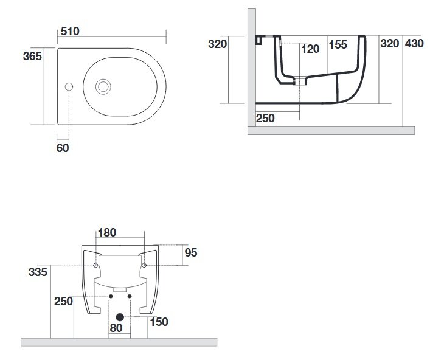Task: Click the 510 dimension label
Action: (71, 32)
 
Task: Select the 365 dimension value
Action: (32, 57)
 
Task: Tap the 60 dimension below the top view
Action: (63, 147)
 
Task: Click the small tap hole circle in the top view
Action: (69, 86)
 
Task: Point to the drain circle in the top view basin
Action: (103, 86)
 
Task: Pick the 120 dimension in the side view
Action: (310, 49)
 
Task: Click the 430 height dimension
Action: (414, 44)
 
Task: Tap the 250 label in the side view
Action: (265, 119)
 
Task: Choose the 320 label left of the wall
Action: (217, 44)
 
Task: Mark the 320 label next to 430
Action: (389, 44)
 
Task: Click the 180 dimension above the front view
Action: (107, 232)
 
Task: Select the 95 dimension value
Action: (191, 252)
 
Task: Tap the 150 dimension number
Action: (159, 322)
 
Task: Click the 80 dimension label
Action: (116, 328)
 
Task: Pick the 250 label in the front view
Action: (63, 301)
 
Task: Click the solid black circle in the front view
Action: (120, 317)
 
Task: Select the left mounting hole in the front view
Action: (96, 265)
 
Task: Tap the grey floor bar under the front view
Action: (119, 342)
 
